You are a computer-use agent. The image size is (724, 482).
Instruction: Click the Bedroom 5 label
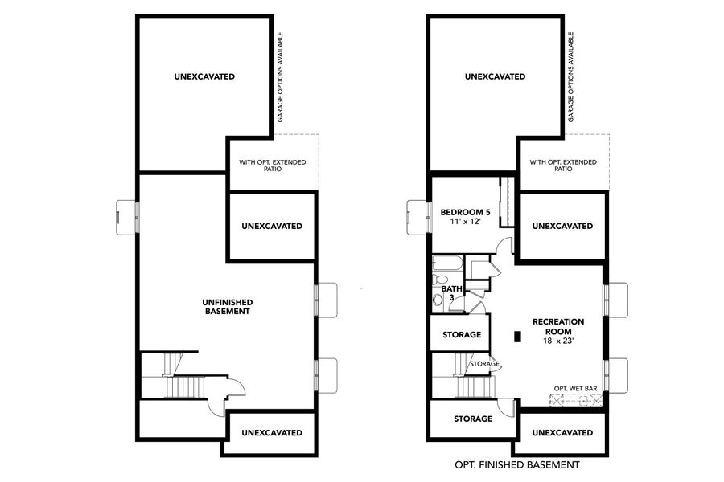465,212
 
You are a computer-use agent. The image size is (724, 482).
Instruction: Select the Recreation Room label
558,326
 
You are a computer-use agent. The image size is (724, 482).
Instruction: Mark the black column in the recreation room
517,337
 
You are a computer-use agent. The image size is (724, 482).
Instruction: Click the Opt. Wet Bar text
575,389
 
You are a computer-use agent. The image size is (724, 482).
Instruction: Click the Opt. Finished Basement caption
516,464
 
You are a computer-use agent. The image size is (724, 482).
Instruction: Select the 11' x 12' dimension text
465,222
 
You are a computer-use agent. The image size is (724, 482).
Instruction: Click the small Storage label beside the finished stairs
485,364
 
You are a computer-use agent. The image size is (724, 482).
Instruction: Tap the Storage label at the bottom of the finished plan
472,419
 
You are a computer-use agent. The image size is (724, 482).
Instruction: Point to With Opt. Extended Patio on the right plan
563,165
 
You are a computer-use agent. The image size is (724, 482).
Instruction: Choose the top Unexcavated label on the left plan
204,77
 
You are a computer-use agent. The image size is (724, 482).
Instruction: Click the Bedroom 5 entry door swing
504,245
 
